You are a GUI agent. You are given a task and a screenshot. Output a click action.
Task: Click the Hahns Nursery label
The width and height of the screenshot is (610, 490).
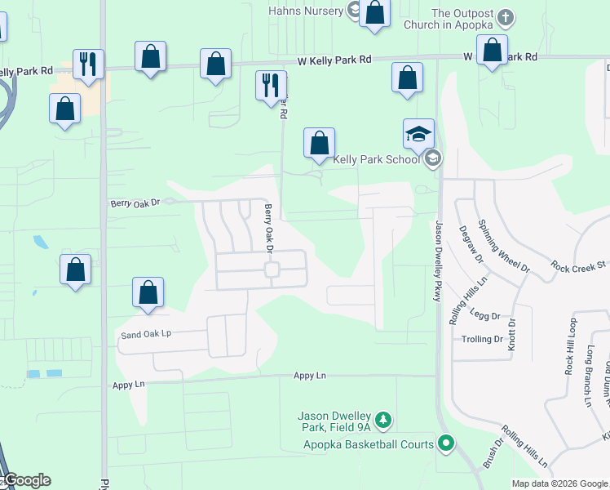coord(306,10)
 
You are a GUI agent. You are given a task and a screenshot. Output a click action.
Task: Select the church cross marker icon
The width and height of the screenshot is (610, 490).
coord(506,16)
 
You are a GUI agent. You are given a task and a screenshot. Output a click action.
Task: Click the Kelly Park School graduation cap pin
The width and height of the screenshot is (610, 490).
coord(418,134)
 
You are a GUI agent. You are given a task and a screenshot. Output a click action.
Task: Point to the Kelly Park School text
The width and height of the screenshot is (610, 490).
coord(376,159)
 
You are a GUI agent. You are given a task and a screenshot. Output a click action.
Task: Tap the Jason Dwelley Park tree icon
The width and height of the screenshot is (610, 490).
coord(384,420)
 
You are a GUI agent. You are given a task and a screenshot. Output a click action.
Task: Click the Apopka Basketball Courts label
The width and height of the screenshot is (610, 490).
coord(369,444)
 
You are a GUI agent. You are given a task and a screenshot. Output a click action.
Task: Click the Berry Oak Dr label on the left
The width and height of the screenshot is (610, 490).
coord(136,202)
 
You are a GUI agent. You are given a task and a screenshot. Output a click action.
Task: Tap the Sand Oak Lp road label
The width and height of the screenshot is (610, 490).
coord(146,334)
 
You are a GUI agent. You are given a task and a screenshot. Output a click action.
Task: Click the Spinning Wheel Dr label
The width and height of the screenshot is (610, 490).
coord(504,245)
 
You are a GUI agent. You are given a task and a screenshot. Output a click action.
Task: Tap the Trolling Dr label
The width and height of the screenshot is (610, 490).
coord(483,339)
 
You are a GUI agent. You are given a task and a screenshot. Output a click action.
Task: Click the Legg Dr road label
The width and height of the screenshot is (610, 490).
coord(484,314)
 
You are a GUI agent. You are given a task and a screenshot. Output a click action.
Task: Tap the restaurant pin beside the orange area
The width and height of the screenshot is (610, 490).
coord(87,64)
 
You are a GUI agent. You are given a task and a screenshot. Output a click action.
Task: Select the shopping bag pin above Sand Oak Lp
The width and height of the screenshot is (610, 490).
coord(148,292)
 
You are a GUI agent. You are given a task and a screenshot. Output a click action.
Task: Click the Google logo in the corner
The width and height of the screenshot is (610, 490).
coord(26,480)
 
